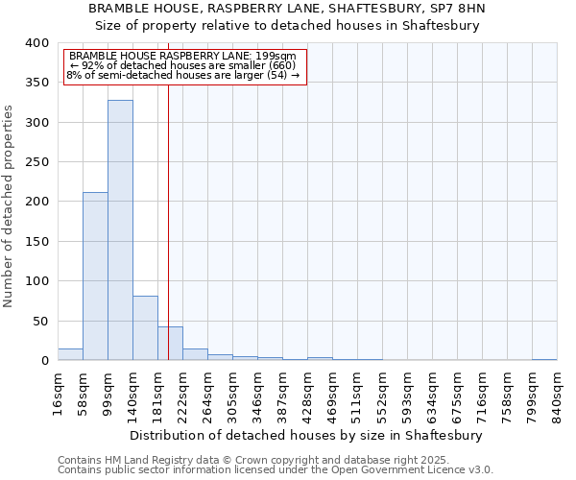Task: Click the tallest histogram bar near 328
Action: [120, 230]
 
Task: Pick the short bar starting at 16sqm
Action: [70, 354]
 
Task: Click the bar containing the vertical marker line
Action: [170, 344]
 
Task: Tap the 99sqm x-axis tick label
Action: [108, 394]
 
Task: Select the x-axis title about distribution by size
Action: [307, 435]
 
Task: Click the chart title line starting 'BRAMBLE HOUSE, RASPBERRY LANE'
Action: [287, 9]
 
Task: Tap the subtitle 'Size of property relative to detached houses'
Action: [287, 26]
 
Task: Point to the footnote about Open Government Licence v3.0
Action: [276, 470]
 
